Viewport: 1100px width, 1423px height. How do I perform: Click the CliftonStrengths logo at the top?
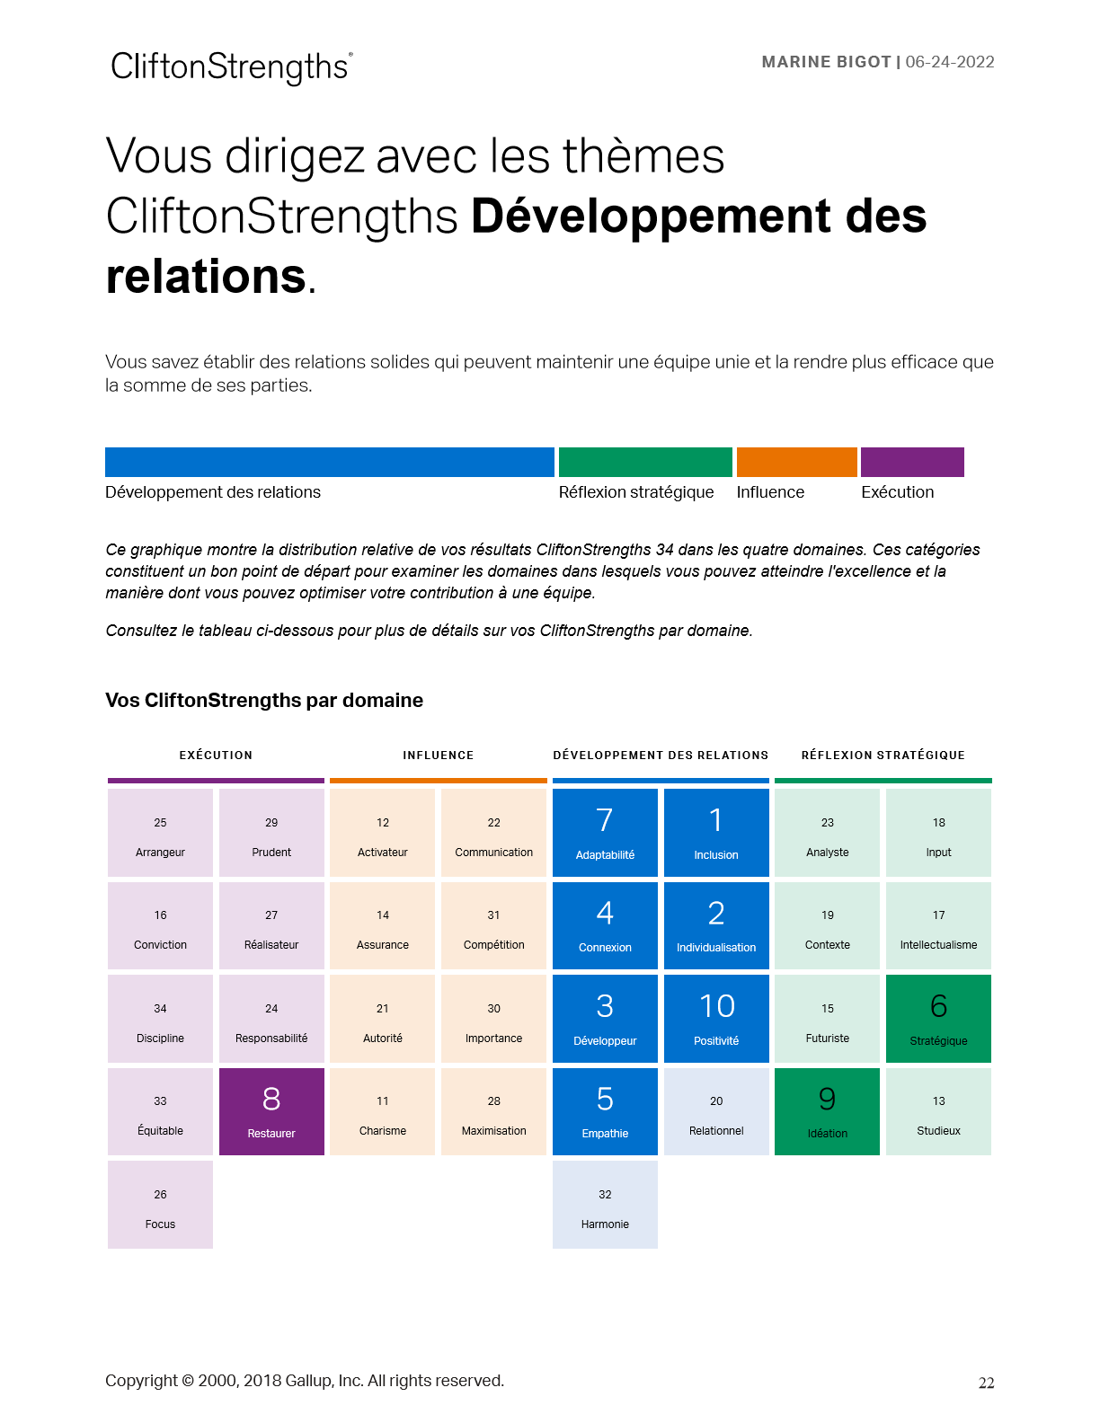click(231, 67)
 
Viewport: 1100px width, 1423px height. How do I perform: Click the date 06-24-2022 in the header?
click(950, 62)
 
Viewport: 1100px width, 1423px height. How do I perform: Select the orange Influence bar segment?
click(796, 462)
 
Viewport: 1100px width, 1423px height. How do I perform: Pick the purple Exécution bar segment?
click(912, 462)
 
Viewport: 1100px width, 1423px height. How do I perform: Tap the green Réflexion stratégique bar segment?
click(645, 462)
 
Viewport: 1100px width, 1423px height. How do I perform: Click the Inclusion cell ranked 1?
click(716, 833)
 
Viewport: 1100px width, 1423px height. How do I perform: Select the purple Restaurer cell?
click(271, 1111)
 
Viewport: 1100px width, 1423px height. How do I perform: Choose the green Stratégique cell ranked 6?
click(938, 1019)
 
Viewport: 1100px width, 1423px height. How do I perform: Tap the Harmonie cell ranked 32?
click(605, 1205)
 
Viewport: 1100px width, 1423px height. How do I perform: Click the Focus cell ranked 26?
click(160, 1205)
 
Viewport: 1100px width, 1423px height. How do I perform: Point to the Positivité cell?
click(716, 1019)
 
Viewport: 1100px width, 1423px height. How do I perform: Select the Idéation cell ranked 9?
click(827, 1111)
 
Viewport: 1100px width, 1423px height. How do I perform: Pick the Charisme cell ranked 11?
click(382, 1111)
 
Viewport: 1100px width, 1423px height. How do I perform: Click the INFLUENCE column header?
click(438, 756)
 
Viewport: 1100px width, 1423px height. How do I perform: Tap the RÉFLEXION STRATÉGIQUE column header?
click(883, 756)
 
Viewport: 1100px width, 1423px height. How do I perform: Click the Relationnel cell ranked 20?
click(716, 1111)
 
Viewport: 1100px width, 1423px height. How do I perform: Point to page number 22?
click(986, 1383)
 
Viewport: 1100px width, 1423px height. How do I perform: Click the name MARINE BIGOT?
click(826, 62)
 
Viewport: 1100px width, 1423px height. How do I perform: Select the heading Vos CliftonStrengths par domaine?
click(264, 701)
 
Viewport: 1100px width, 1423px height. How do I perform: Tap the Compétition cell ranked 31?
click(493, 926)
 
